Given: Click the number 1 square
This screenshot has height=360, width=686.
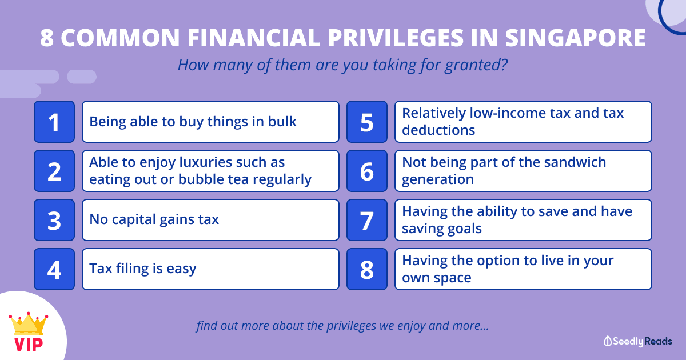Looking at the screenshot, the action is click(54, 122).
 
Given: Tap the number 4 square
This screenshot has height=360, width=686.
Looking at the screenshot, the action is click(54, 269).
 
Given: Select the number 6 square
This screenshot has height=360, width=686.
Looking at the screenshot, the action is click(367, 171).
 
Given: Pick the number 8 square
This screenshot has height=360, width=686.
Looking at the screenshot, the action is click(367, 269).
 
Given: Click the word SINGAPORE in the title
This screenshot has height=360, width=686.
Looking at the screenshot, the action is click(576, 38).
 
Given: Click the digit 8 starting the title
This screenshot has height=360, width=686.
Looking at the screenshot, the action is click(47, 38).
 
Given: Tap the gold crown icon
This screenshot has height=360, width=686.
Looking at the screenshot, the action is click(29, 324).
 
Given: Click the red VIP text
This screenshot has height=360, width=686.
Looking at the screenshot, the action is click(29, 345).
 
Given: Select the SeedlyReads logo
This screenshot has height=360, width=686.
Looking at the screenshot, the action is click(638, 341).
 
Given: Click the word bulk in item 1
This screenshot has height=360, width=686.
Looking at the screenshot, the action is click(282, 122).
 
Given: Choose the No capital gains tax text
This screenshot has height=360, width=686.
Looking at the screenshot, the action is click(154, 220).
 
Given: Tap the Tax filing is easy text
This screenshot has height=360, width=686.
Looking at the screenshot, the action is click(143, 269).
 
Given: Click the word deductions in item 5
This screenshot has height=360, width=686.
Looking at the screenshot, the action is click(438, 130).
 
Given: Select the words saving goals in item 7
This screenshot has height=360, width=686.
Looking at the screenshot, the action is click(442, 229).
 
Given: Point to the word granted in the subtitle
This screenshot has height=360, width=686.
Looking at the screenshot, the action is click(476, 65).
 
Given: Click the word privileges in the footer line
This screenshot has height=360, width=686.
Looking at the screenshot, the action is click(351, 326).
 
